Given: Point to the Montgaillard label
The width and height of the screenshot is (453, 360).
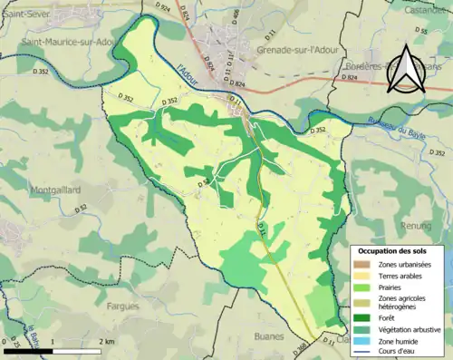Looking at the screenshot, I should [x=34, y=189].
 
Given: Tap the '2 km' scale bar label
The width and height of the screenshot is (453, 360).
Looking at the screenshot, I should [x=106, y=341].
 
